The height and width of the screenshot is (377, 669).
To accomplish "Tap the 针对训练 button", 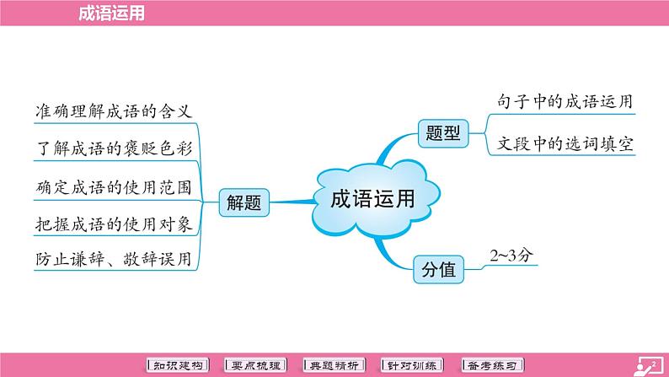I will pyautogui.click(x=412, y=365).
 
